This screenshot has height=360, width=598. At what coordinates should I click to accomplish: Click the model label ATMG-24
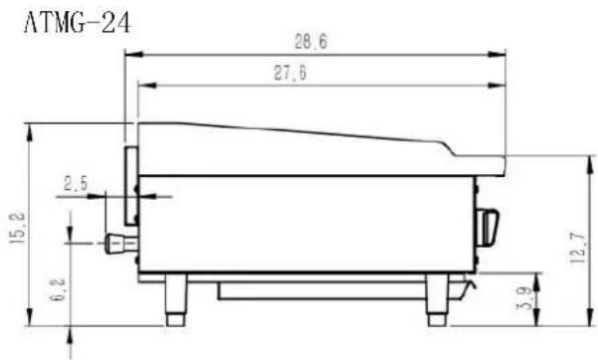click(x=78, y=23)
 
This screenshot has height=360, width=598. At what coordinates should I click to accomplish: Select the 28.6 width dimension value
click(x=310, y=42)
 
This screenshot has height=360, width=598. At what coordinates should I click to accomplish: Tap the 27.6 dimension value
click(x=291, y=73)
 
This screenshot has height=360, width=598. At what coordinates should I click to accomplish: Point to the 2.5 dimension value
click(x=76, y=184)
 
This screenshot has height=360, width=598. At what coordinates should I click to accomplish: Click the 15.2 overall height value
click(x=18, y=228)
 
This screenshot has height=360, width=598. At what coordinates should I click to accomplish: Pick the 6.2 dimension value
click(x=58, y=289)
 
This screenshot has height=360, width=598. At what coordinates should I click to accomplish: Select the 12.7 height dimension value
click(x=577, y=248)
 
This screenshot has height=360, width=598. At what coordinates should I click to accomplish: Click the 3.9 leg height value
click(x=524, y=297)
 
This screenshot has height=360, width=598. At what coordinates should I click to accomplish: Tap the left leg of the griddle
click(x=176, y=299)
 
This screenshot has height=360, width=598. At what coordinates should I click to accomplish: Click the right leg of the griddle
click(x=437, y=299)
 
